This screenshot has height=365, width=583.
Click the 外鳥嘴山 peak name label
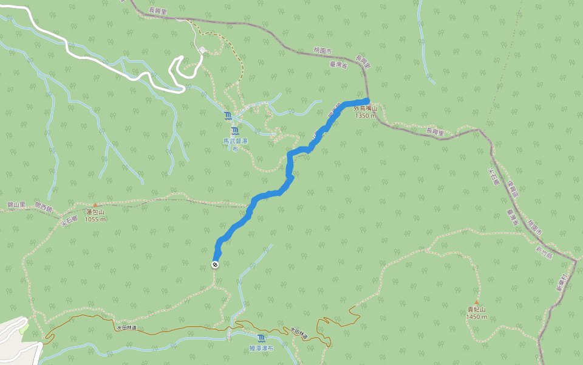click(x=366, y=109)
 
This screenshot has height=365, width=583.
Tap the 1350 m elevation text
click(x=366, y=116)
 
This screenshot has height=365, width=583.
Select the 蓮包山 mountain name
click(x=95, y=212)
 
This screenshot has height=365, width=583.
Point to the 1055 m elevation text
click(x=95, y=219)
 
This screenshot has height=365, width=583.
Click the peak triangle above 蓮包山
click(x=95, y=205)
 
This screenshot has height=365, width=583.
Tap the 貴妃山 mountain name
click(x=477, y=310)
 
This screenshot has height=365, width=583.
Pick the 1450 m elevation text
click(x=477, y=316)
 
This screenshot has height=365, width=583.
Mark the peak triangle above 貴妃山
click(x=477, y=302)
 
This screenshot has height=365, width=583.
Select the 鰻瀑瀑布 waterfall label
click(x=262, y=349)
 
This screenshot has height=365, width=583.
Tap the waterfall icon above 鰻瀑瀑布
click(x=261, y=338)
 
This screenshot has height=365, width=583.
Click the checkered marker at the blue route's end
click(x=215, y=264)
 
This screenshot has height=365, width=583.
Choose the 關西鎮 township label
click(x=44, y=207)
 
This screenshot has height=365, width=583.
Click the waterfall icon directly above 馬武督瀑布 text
click(x=235, y=130)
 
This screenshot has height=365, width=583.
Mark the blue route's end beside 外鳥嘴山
click(x=367, y=99)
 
